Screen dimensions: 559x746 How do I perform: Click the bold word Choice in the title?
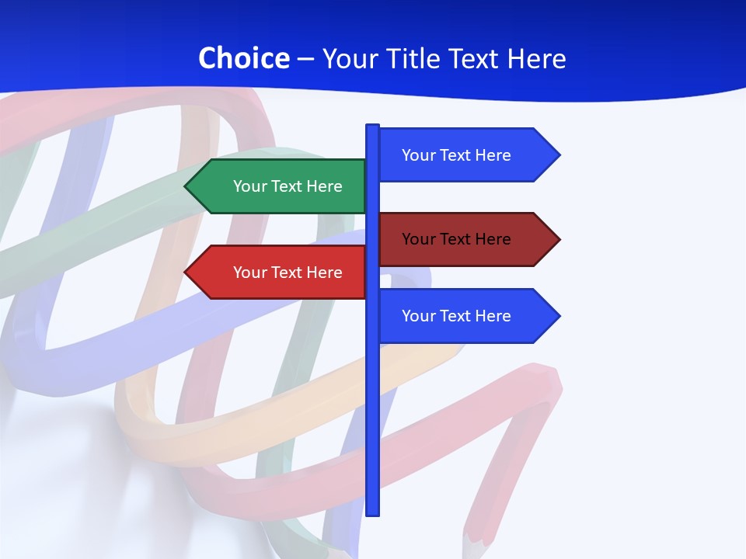tap(243, 58)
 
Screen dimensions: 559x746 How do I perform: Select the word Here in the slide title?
tap(536, 58)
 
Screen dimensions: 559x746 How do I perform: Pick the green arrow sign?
tap(280, 186)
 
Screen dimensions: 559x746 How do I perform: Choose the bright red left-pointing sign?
tap(280, 273)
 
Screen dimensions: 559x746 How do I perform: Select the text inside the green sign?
tap(288, 186)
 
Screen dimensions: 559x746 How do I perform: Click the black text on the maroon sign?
tap(456, 239)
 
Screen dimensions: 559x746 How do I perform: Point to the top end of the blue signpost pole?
tap(372, 127)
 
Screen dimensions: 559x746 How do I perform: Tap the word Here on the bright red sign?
tap(324, 273)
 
